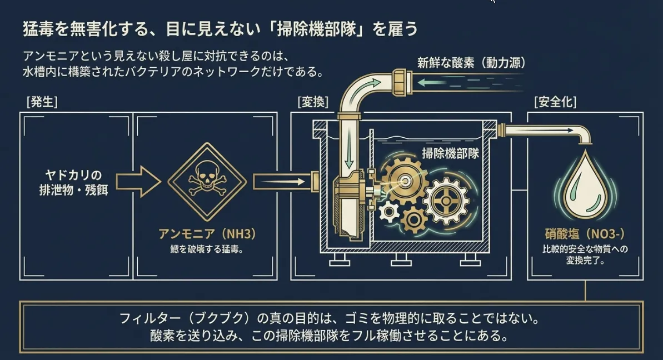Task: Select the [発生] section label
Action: click(42, 102)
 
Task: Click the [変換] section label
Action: click(313, 102)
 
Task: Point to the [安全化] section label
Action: click(555, 102)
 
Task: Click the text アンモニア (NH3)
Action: click(207, 234)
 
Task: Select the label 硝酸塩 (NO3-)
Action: click(585, 234)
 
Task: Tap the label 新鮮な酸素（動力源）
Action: click(471, 63)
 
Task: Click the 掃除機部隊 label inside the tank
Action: click(450, 153)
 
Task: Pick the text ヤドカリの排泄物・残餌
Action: click(73, 182)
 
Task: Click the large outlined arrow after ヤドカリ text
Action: click(139, 182)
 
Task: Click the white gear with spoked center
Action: click(446, 201)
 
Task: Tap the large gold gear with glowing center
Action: click(405, 181)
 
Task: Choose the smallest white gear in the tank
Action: click(389, 211)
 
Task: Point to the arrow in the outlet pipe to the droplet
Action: click(545, 130)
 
